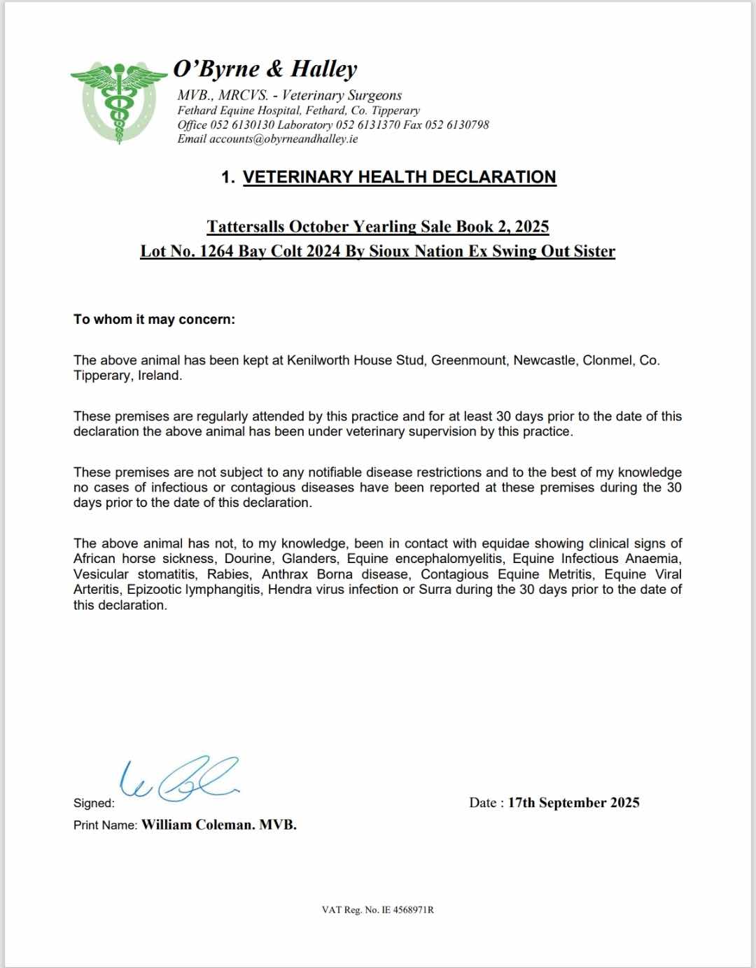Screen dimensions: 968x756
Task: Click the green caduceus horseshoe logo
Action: pyautogui.click(x=118, y=102)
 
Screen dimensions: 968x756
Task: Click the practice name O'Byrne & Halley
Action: pyautogui.click(x=265, y=69)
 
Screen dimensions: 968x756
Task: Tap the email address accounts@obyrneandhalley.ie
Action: pyautogui.click(x=283, y=138)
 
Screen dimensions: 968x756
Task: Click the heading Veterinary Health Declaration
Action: pyautogui.click(x=399, y=177)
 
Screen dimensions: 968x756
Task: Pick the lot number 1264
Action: pyautogui.click(x=216, y=251)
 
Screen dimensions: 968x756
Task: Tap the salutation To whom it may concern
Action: pyautogui.click(x=154, y=320)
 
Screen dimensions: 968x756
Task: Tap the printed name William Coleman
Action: pyautogui.click(x=197, y=825)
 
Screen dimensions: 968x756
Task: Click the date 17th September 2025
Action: pyautogui.click(x=573, y=803)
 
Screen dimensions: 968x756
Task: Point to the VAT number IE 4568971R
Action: pyautogui.click(x=407, y=910)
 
